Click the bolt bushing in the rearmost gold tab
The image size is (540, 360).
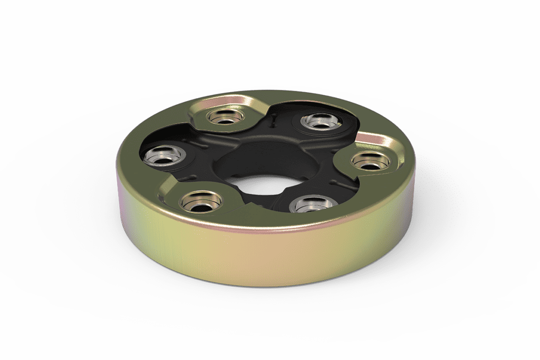tap(224, 117)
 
